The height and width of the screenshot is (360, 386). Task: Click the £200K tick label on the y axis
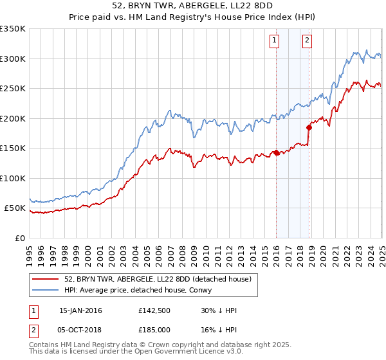pyautogui.click(x=13, y=118)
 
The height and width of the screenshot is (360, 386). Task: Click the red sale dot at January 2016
pyautogui.click(x=277, y=152)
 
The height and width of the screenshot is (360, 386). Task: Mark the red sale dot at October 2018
pyautogui.click(x=309, y=127)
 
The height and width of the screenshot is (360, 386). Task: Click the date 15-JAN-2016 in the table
pyautogui.click(x=80, y=310)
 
